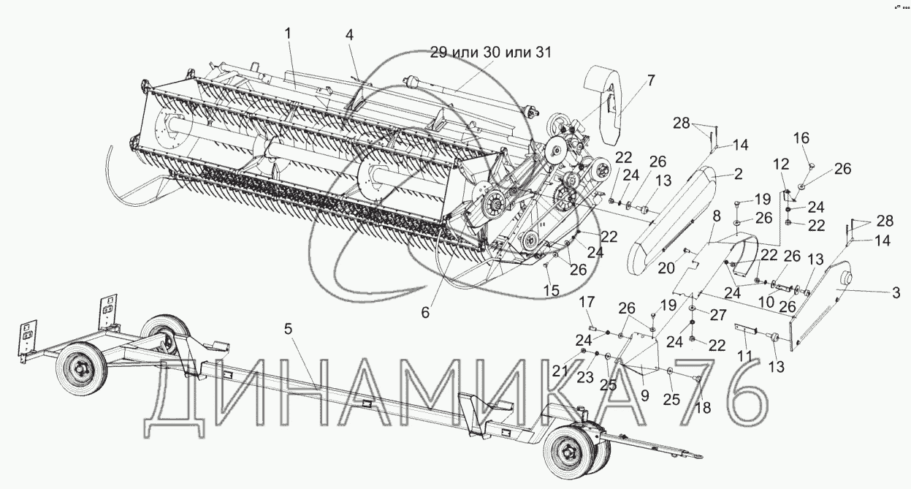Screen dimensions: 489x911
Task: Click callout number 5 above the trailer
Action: [x=289, y=329]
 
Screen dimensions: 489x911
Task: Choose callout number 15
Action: [x=552, y=290]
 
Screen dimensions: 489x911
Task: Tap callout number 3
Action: [x=895, y=294]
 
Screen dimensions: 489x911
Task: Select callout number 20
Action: [x=666, y=268]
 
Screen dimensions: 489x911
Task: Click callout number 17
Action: [x=587, y=302]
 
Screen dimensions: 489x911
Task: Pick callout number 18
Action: [x=703, y=409]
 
